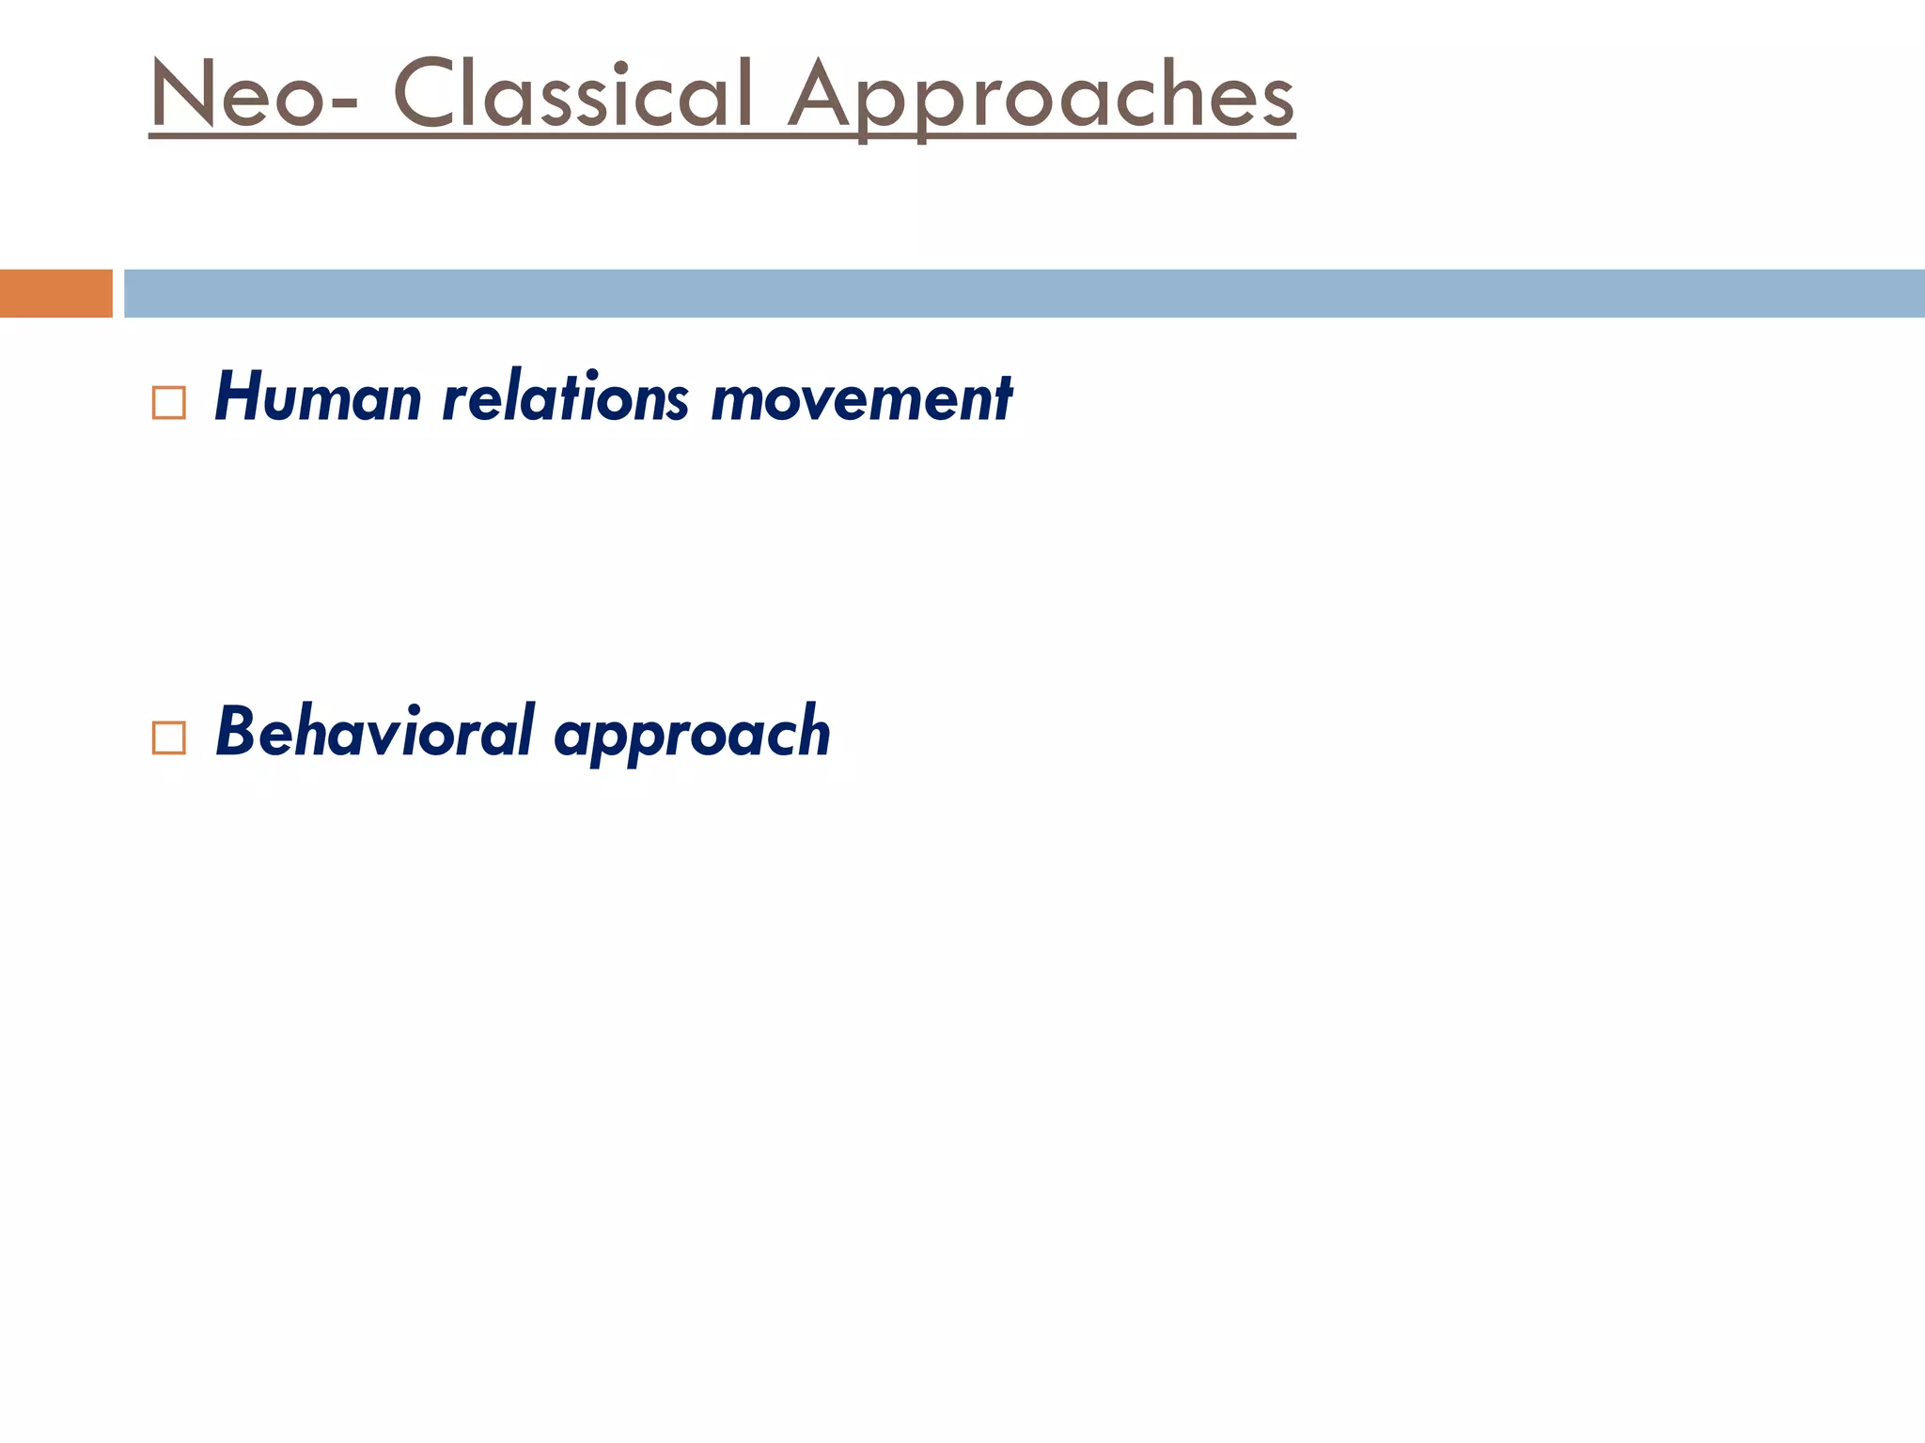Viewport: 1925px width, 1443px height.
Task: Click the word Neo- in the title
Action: pos(252,94)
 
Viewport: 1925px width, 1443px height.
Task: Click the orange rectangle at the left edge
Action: pos(55,293)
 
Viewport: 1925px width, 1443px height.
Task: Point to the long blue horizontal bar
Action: pos(1024,293)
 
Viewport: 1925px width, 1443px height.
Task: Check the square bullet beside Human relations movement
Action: pos(168,403)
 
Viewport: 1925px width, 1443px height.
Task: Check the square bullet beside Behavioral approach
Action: pos(168,737)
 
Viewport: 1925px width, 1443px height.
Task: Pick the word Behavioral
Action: pos(375,732)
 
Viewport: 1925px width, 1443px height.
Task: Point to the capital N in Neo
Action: pos(185,94)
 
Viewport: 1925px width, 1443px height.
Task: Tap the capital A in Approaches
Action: pos(826,94)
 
